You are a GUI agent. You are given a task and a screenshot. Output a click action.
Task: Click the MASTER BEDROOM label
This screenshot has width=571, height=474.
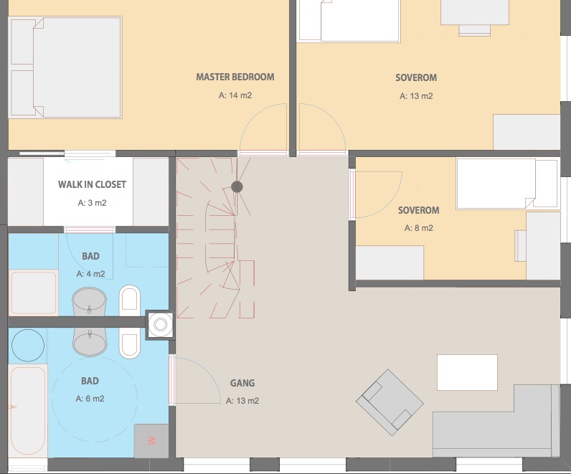click(x=235, y=77)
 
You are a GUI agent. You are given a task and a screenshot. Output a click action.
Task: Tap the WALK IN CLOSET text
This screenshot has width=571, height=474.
click(x=92, y=184)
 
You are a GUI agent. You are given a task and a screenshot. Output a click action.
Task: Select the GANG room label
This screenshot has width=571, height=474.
click(x=242, y=383)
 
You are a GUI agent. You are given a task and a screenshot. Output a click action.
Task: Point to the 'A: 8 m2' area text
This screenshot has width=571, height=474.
click(x=419, y=228)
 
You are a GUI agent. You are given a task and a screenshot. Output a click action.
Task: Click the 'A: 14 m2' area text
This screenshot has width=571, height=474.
click(x=235, y=95)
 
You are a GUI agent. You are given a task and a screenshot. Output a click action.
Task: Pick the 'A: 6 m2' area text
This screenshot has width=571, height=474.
click(x=90, y=399)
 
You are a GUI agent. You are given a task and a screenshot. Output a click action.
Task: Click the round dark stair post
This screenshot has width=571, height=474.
click(x=237, y=186)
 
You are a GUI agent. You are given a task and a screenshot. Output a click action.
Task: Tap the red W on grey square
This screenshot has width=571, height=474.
click(x=152, y=441)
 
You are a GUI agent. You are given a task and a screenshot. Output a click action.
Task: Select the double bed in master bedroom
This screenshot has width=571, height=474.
click(x=65, y=67)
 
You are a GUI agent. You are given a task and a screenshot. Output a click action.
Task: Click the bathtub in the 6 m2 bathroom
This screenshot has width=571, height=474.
click(x=28, y=411)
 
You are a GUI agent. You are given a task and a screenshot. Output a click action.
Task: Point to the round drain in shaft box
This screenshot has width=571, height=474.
click(x=160, y=324)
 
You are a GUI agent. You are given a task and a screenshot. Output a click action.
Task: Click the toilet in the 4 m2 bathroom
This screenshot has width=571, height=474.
click(x=130, y=300)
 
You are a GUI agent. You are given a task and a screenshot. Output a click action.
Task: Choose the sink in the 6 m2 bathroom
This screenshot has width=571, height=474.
click(x=90, y=341)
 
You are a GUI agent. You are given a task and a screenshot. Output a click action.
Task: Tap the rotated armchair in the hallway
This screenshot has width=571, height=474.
click(x=390, y=402)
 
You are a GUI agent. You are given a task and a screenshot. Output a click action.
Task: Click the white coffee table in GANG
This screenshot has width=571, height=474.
click(x=467, y=372)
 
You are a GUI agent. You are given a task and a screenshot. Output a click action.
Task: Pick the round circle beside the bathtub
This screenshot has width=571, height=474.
click(x=28, y=346)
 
